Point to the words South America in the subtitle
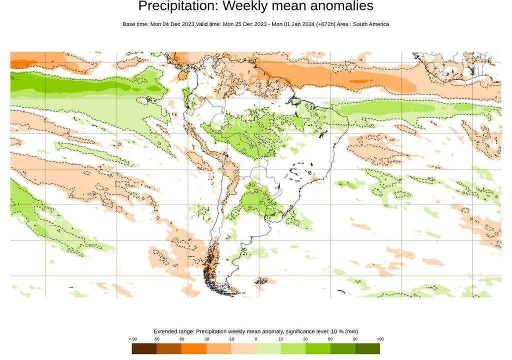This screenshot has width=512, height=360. click(x=371, y=24)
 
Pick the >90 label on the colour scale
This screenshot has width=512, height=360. click(x=380, y=339)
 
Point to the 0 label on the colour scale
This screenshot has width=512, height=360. click(x=256, y=339)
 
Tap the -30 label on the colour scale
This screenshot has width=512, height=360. click(x=206, y=339)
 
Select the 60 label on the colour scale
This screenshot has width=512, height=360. click(x=330, y=339)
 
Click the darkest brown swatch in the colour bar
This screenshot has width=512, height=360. click(x=144, y=348)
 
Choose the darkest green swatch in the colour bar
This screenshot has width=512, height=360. click(x=367, y=348)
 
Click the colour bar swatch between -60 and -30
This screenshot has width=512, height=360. click(x=194, y=348)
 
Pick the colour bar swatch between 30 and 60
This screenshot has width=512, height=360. click(x=318, y=348)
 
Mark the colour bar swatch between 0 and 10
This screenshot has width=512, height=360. click(x=268, y=348)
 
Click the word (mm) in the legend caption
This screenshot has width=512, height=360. click(x=351, y=331)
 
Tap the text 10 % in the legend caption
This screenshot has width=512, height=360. click(x=335, y=331)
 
